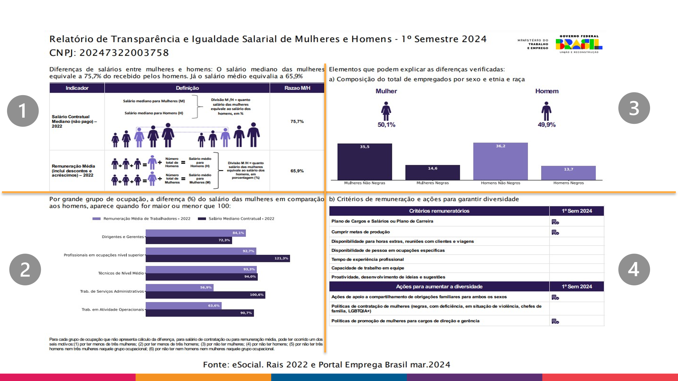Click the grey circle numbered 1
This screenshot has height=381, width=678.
pos(23,111)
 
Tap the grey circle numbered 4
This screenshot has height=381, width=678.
pos(634,269)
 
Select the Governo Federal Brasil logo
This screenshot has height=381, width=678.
pos(579,44)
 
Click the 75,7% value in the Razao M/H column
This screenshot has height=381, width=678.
pos(297,121)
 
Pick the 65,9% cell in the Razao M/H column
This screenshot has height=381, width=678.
pos(297,171)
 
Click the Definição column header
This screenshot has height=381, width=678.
pos(187,88)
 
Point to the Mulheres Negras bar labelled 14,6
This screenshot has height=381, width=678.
pos(433,173)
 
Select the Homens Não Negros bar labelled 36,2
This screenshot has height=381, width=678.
pos(500,162)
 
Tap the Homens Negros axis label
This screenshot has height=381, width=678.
pos(568,183)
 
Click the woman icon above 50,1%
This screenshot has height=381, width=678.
pos(386,111)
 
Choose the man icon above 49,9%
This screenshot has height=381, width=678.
pos(546,111)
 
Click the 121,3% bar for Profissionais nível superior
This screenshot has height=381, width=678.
pos(218,259)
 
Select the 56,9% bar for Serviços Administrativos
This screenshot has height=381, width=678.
pos(179,288)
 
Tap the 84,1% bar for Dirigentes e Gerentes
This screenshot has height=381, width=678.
pos(195,233)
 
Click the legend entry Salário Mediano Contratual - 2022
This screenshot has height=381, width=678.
pos(241,219)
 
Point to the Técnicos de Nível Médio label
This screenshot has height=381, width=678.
pos(121,273)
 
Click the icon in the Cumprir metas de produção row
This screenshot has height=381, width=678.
pos(555,232)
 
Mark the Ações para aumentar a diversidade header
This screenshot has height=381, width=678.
pos(439,286)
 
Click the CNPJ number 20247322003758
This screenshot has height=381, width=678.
pos(124,53)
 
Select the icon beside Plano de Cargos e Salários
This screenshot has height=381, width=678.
pos(555,222)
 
